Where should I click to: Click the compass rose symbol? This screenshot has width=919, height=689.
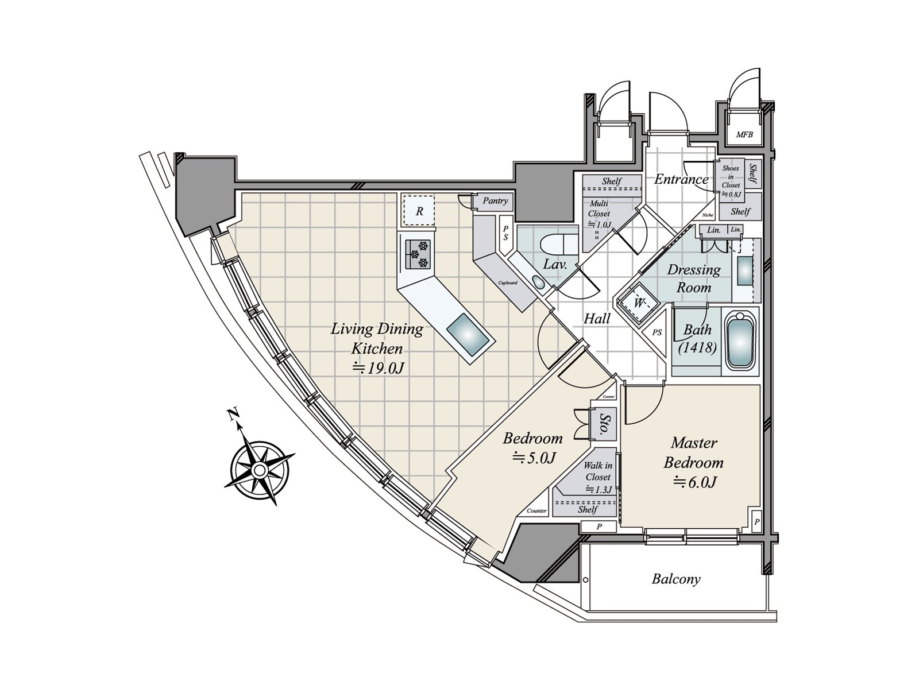coord(259,470)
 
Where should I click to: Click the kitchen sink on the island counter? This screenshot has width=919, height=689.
coord(469,338)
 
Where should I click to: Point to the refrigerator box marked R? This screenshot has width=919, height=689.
coord(419,211)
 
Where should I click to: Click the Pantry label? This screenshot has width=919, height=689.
coord(495,201)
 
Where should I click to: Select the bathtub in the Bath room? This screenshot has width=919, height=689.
coord(740,342)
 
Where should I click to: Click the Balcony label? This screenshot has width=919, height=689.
coord(676,579)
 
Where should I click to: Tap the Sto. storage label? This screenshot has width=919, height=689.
coord(604,425)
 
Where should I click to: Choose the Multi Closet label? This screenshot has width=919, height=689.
coord(598,213)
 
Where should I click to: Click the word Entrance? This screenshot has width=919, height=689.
coord(681,179)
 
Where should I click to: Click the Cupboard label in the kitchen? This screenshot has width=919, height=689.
coord(508,282)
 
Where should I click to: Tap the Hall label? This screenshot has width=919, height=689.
coord(597,318)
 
